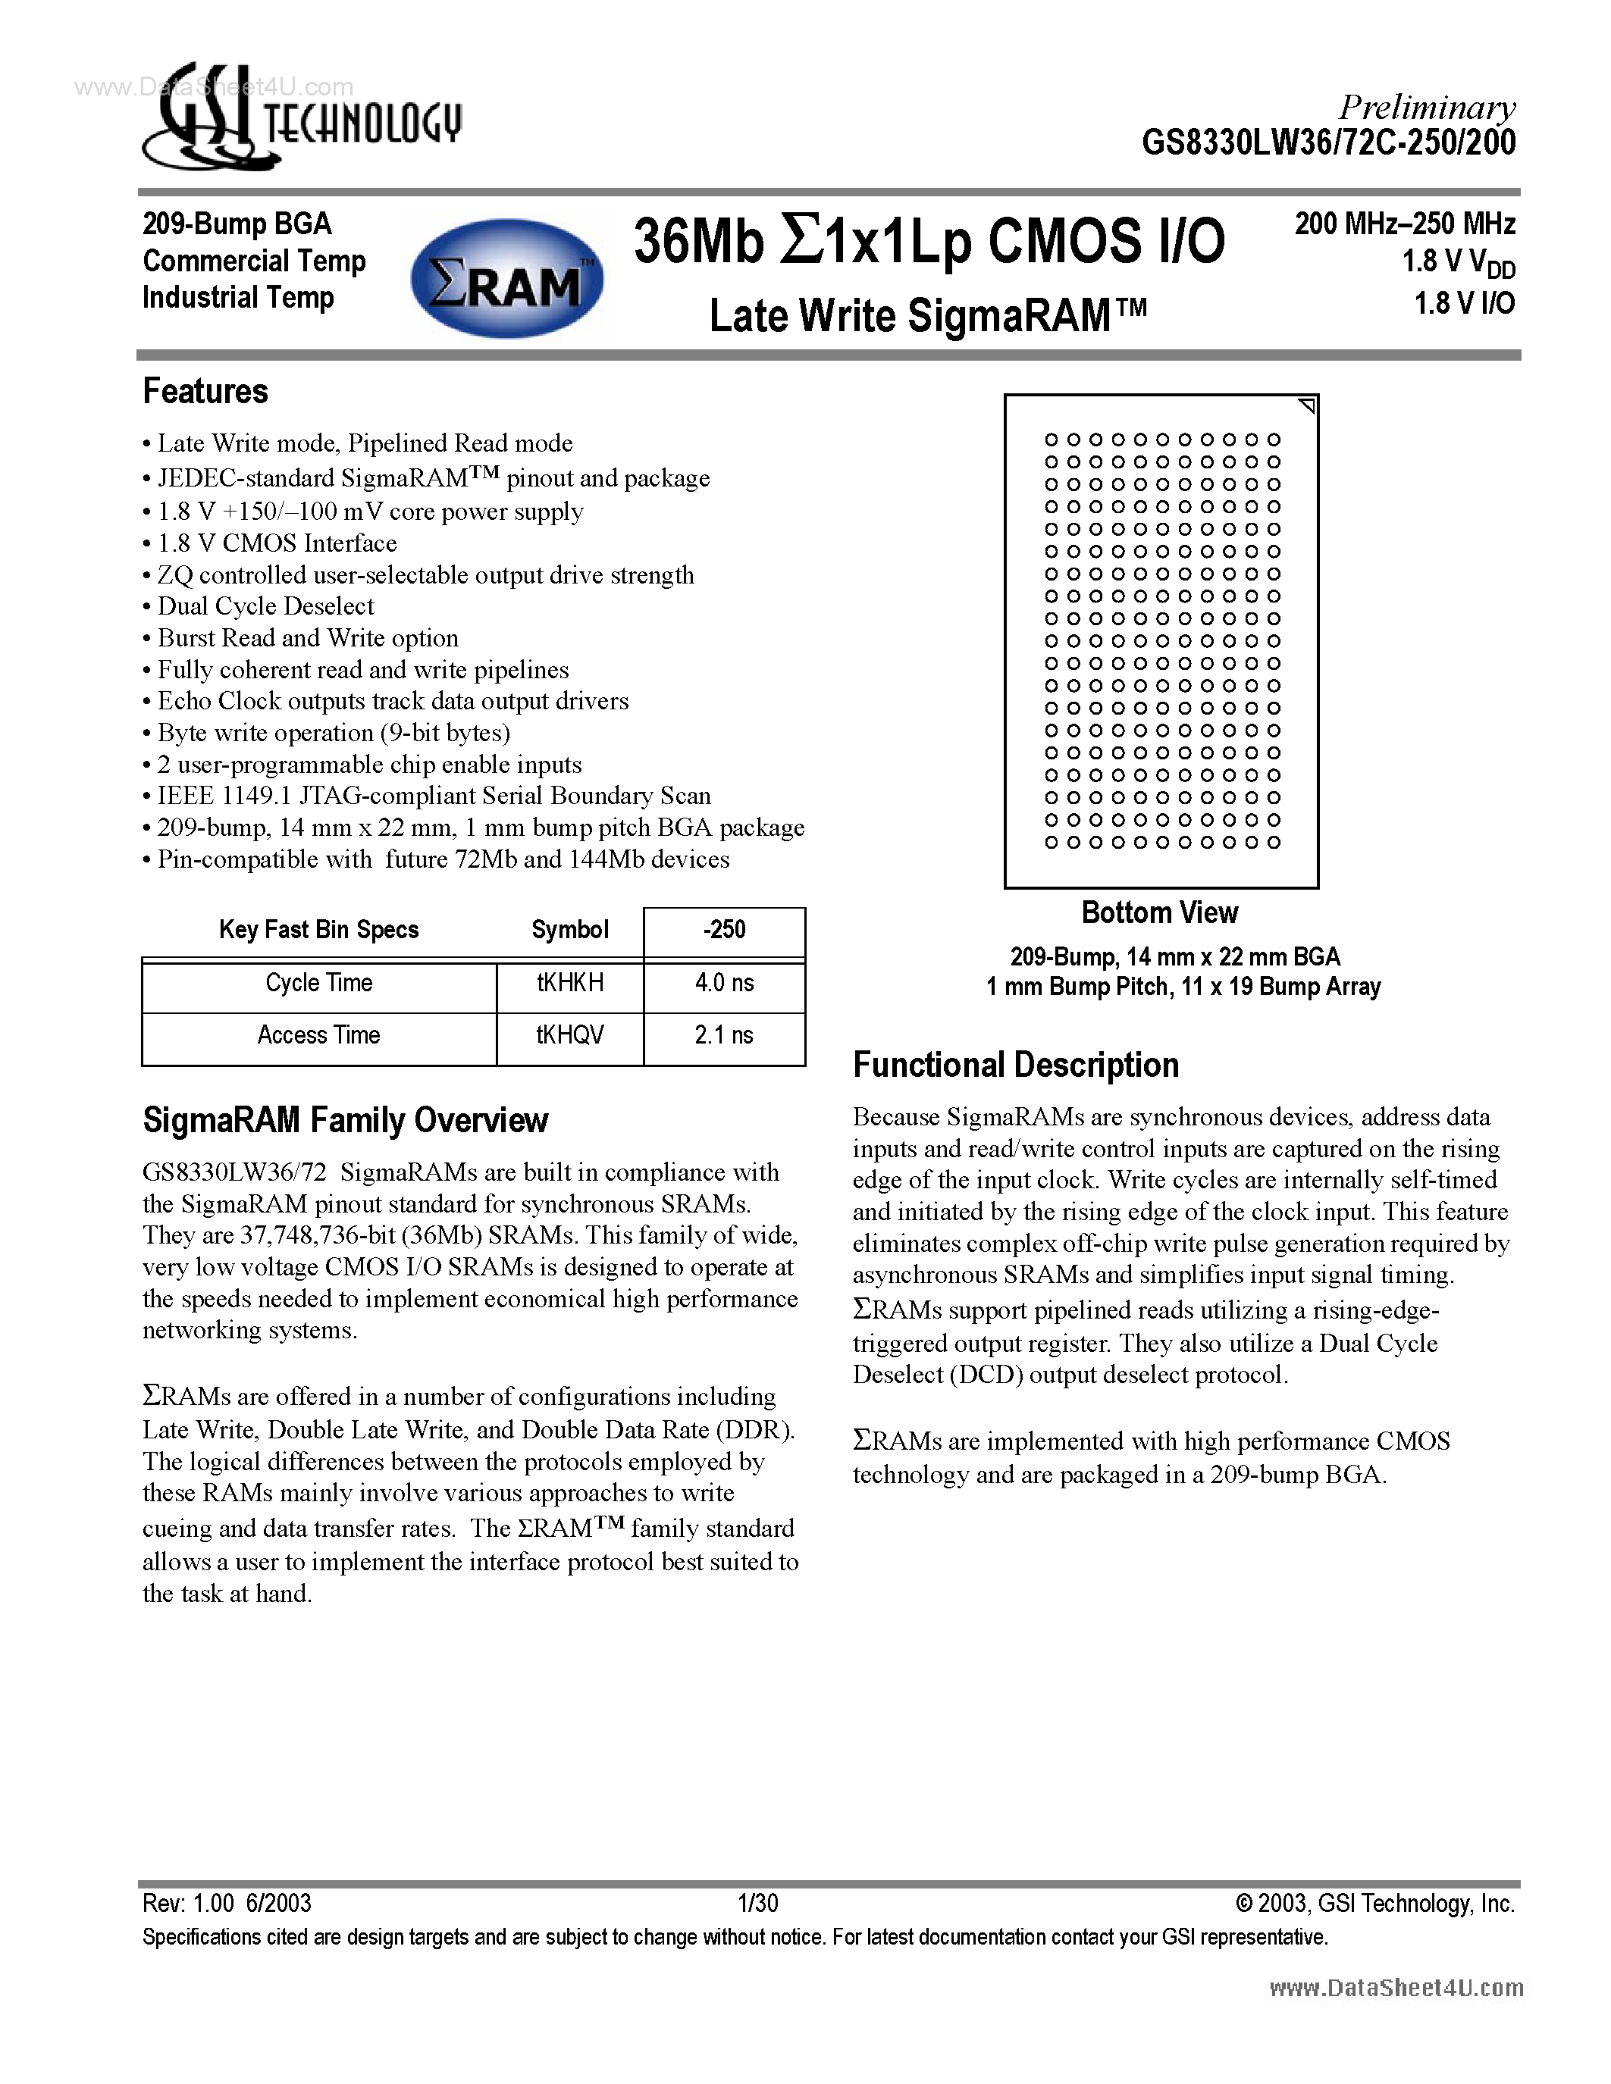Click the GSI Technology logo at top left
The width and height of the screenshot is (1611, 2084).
(302, 118)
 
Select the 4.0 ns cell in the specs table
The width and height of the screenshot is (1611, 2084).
(723, 984)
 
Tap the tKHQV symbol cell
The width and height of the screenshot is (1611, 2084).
(570, 1036)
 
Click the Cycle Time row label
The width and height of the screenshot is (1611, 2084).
(318, 984)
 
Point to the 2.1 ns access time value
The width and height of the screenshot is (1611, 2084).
(723, 1036)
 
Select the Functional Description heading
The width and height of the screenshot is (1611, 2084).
(1015, 1065)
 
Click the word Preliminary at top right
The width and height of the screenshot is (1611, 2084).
(1426, 108)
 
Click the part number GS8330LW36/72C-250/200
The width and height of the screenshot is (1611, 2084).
(1328, 143)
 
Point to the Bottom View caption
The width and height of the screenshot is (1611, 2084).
(1160, 913)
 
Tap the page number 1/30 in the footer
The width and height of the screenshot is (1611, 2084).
(758, 1904)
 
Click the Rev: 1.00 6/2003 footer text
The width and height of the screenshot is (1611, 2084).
(227, 1904)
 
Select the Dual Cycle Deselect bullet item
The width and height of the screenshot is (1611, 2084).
(265, 607)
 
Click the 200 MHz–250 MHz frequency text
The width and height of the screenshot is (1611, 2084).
(1404, 224)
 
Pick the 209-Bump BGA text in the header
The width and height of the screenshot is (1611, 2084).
(237, 224)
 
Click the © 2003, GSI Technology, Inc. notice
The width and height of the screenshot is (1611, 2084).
(1374, 1904)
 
